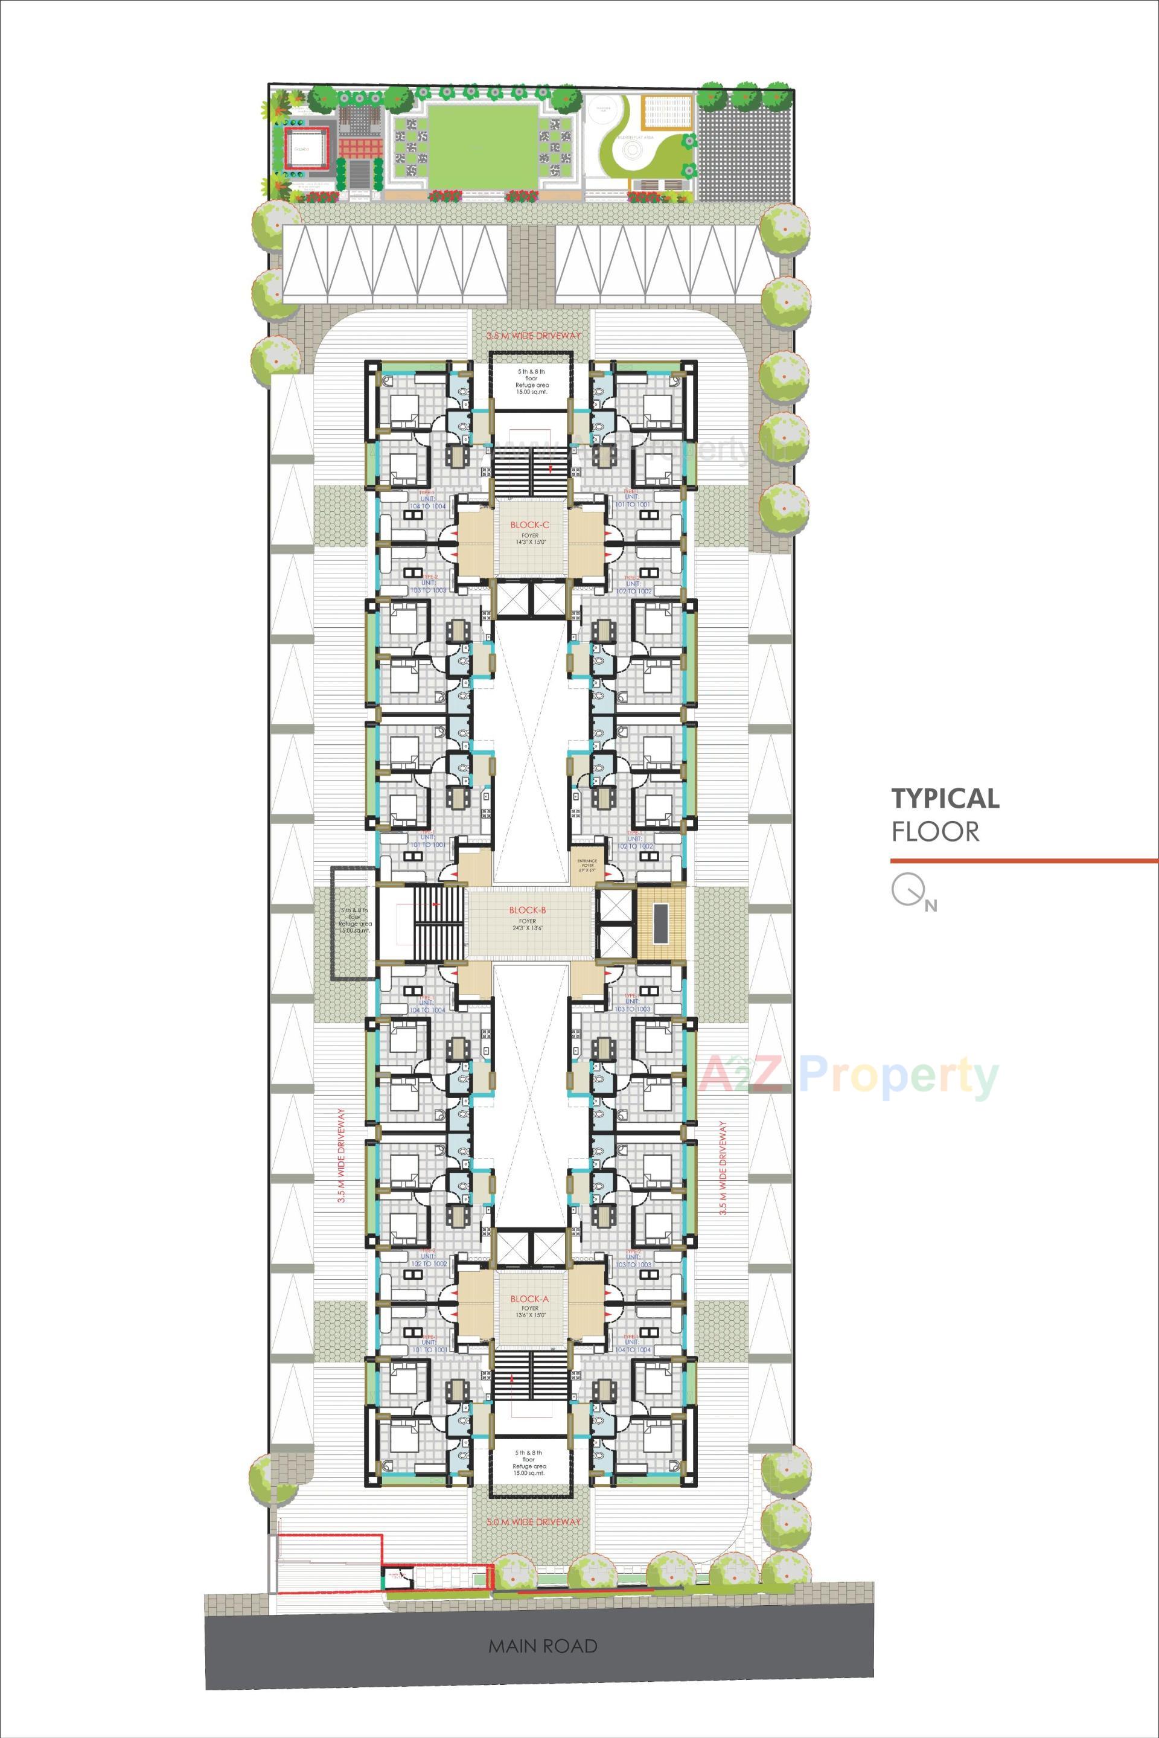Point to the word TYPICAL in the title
[945, 799]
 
